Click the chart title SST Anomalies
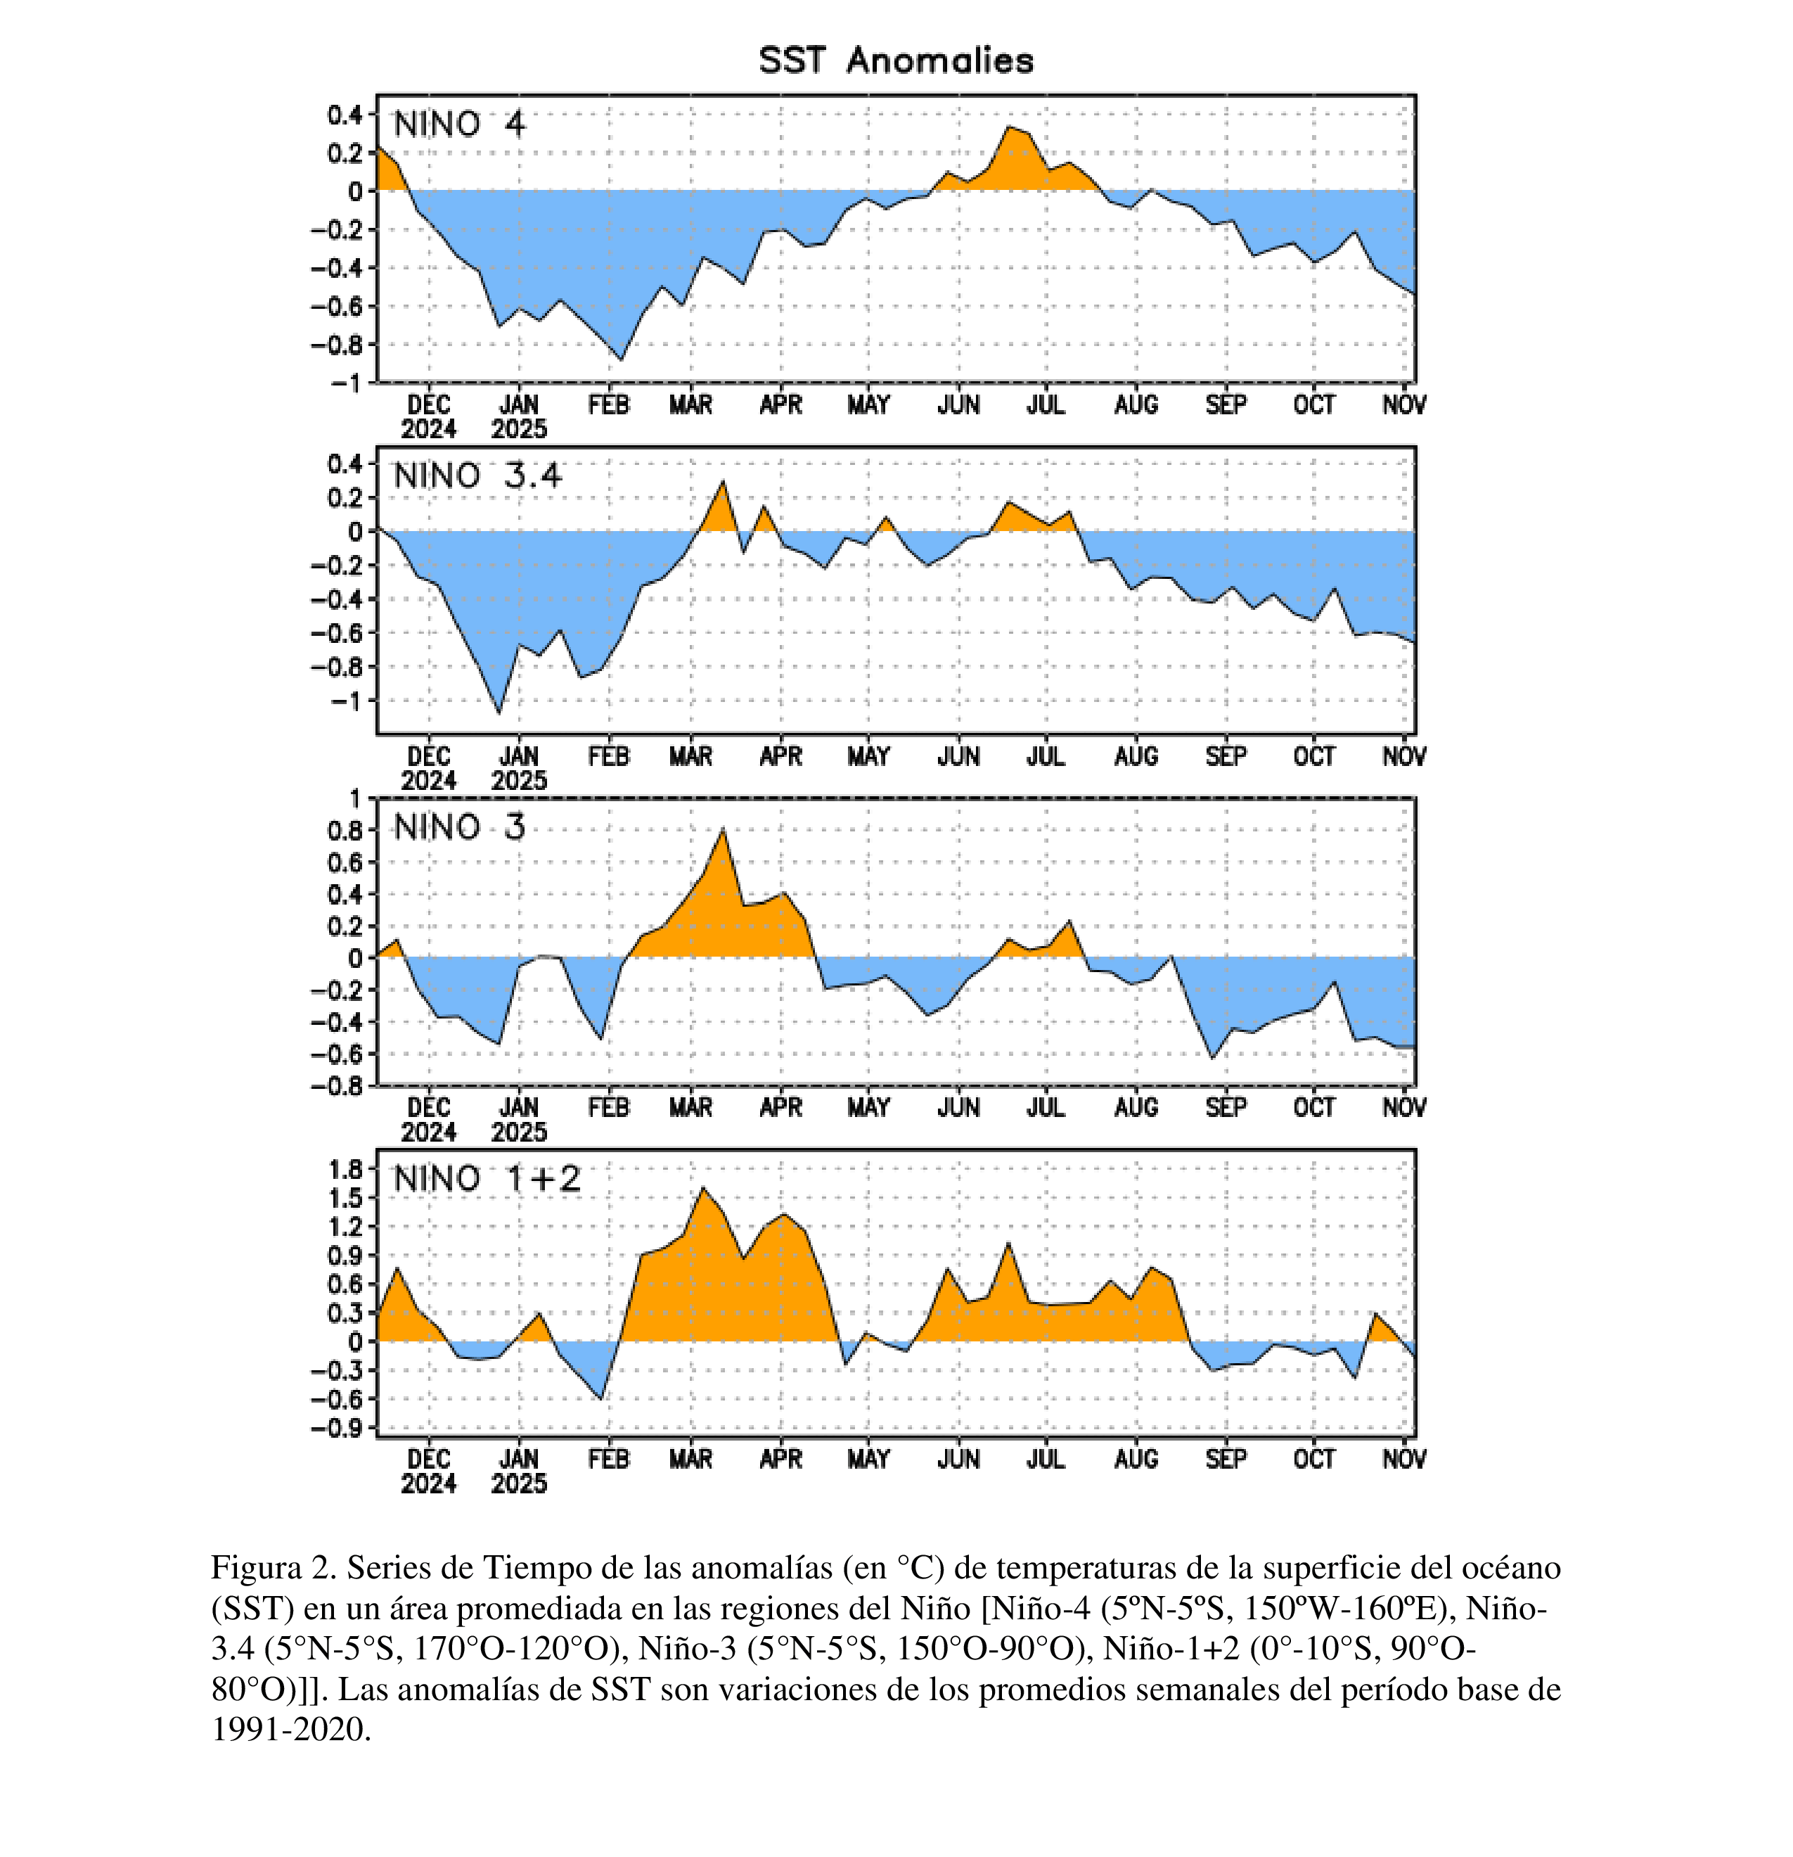[x=896, y=60]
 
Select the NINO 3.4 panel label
[x=477, y=476]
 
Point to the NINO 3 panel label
[x=458, y=828]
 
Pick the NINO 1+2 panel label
[x=487, y=1180]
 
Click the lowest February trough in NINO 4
[x=620, y=359]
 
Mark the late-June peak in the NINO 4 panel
[x=1010, y=127]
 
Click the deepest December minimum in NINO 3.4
[x=499, y=713]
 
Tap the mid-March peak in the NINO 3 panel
[x=724, y=830]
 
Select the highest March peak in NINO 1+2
[x=702, y=1188]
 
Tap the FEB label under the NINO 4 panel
[x=608, y=405]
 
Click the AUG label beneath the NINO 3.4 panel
[x=1136, y=757]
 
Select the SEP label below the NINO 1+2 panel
[x=1226, y=1459]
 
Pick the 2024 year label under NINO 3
[x=428, y=1132]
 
